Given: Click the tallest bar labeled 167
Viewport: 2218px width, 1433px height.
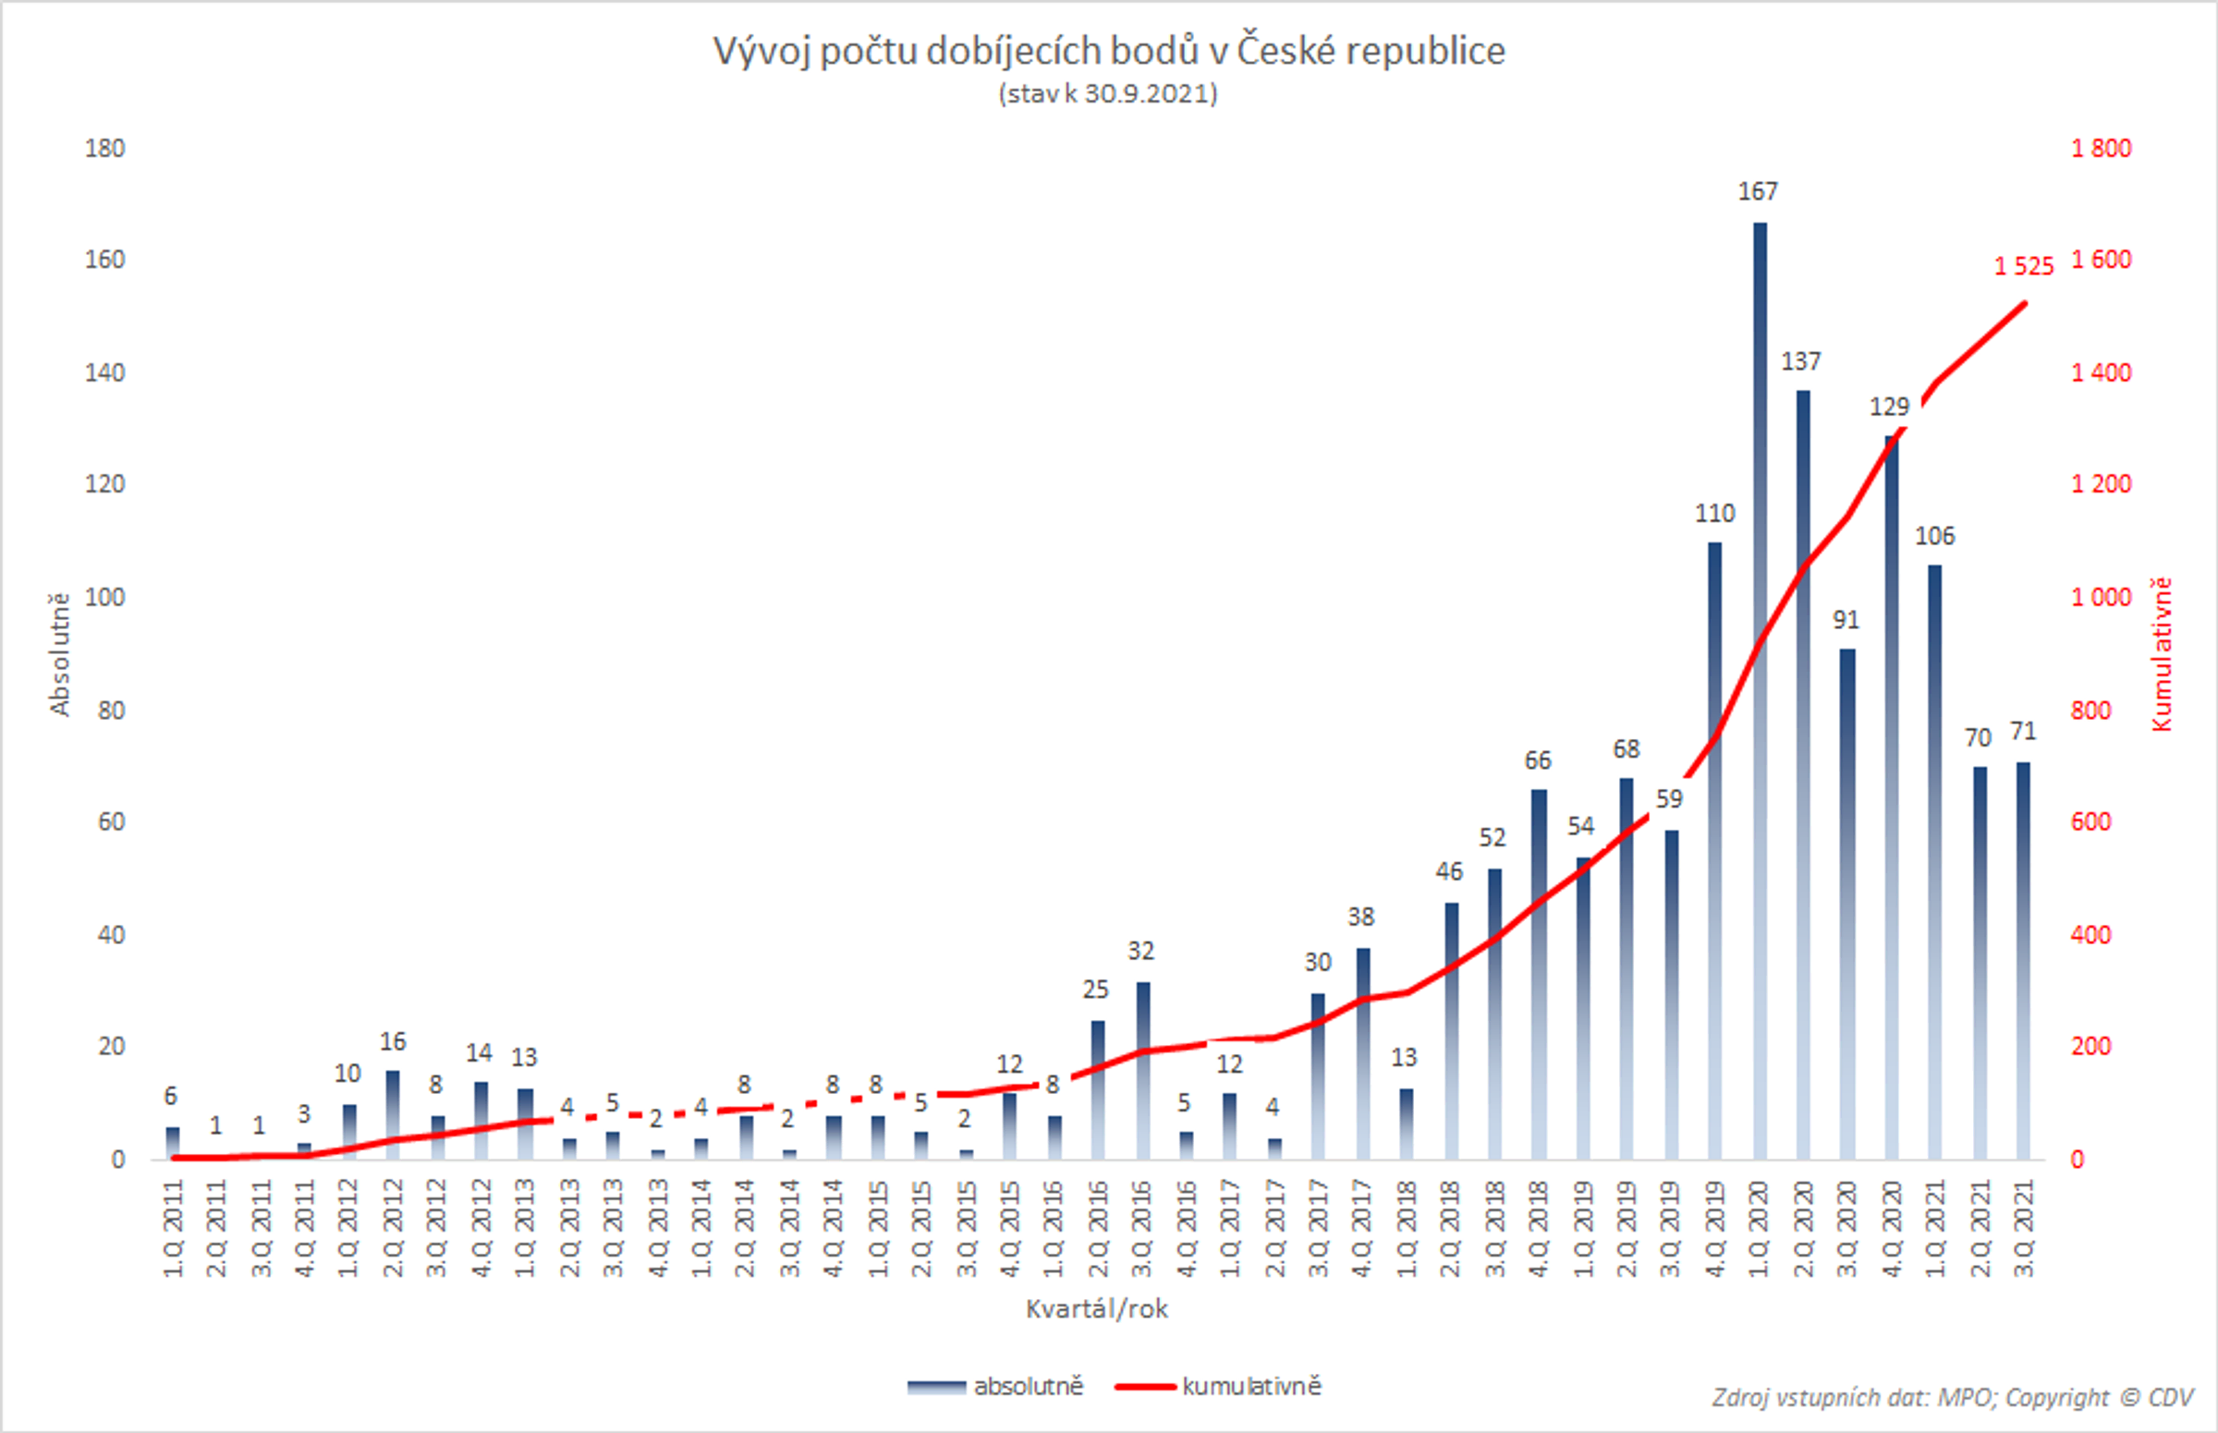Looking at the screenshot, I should pos(1759,688).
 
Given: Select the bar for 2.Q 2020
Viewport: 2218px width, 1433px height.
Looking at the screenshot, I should pos(1803,772).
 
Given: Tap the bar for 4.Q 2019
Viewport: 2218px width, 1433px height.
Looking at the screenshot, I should pos(1714,846).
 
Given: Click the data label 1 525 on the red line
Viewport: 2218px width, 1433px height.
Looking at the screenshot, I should pos(2024,267).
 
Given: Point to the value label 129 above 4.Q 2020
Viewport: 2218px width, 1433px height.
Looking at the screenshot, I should pos(1889,407).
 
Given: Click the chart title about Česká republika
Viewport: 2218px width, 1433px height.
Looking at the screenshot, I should pos(1108,51).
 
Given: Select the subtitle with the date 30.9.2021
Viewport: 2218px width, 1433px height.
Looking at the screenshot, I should pos(1107,94).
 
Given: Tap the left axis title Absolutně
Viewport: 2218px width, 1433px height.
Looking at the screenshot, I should pos(59,654).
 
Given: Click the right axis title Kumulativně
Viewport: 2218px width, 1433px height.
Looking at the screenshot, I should pos(2162,654).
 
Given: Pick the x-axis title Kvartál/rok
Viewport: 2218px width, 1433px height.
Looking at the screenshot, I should pos(1096,1309).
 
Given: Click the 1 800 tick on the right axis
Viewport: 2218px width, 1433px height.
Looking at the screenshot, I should pos(2101,149).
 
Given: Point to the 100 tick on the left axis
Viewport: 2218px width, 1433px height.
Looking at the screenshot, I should pos(105,598).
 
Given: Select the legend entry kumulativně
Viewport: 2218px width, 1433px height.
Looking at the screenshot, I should pos(1250,1387).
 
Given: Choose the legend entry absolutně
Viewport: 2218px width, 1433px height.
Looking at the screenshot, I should pos(1028,1387).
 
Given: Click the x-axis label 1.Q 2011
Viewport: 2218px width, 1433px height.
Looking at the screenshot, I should pos(173,1228).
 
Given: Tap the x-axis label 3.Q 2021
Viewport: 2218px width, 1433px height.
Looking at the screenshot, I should pos(2024,1228).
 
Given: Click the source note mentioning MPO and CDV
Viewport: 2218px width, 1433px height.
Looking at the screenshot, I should pos(1952,1399).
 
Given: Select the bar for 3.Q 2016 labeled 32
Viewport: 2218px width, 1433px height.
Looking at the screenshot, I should pos(1143,1070).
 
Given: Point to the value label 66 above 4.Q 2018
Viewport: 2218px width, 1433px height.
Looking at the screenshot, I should pos(1538,761).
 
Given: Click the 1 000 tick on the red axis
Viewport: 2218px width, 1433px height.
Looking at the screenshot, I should pos(2101,598).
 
